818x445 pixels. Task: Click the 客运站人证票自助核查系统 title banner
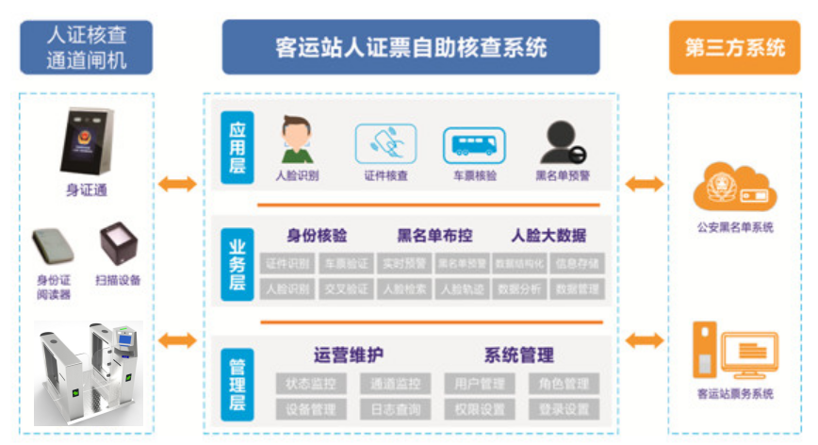[x=411, y=46]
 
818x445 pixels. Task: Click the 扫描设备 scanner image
[x=118, y=244]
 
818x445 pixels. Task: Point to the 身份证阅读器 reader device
[x=55, y=247]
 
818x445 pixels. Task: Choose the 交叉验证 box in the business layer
[x=346, y=288]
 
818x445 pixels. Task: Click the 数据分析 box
[x=519, y=288]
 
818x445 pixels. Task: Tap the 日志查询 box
[x=395, y=410]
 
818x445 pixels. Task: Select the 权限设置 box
[x=479, y=410]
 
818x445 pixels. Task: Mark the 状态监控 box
[x=311, y=384]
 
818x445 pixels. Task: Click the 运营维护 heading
[x=348, y=355]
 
